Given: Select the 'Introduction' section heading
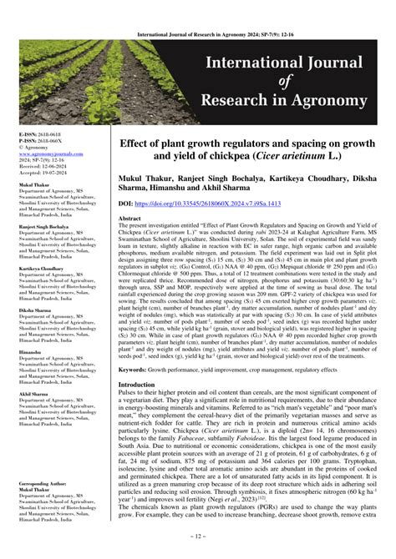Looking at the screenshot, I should click(x=136, y=385).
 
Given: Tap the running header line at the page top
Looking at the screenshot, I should click(x=197, y=12).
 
